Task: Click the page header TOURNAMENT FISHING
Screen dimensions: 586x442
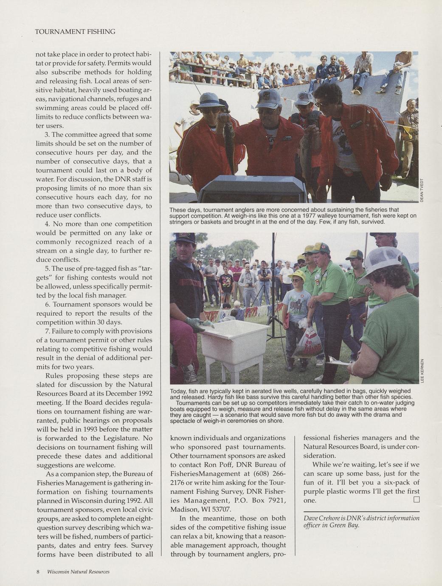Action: click(75, 32)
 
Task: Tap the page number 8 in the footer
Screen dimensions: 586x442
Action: click(38, 572)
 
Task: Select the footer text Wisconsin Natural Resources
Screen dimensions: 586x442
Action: click(78, 572)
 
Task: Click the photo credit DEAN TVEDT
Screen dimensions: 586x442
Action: click(422, 190)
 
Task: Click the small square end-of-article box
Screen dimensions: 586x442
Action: click(416, 500)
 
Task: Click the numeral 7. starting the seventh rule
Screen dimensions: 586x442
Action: click(48, 331)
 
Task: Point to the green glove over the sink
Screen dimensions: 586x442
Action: click(198, 325)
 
